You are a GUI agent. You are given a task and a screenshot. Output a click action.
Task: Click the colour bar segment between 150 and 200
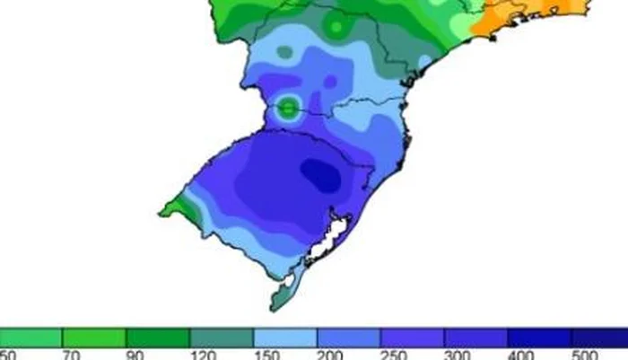[285, 338]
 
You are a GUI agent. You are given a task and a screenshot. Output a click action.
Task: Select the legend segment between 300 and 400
[476, 338]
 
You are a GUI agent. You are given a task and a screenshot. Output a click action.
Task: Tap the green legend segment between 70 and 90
[94, 338]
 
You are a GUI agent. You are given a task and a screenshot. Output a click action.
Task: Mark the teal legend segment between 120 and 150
[222, 338]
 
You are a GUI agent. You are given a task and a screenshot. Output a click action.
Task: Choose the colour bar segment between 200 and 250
[349, 338]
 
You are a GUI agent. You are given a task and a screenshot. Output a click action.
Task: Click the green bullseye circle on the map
[288, 109]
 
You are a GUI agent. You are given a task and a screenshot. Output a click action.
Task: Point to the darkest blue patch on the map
[320, 174]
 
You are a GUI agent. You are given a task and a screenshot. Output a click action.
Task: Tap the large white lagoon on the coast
[330, 235]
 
